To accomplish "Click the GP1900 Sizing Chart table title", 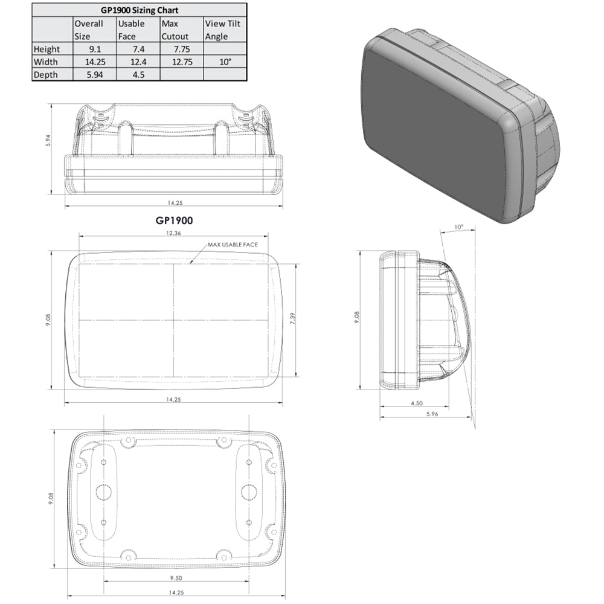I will tap(139, 10).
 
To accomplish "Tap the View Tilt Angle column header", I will tap(225, 30).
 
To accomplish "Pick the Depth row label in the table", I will tap(47, 75).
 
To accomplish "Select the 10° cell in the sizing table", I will tap(225, 62).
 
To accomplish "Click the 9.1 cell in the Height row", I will tap(94, 49).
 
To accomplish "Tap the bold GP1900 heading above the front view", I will tap(173, 222).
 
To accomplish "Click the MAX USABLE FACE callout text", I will tap(233, 245).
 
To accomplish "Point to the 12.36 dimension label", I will tap(173, 233).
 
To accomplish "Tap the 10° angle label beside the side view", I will tap(459, 228).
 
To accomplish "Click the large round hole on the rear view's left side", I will tap(102, 492).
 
